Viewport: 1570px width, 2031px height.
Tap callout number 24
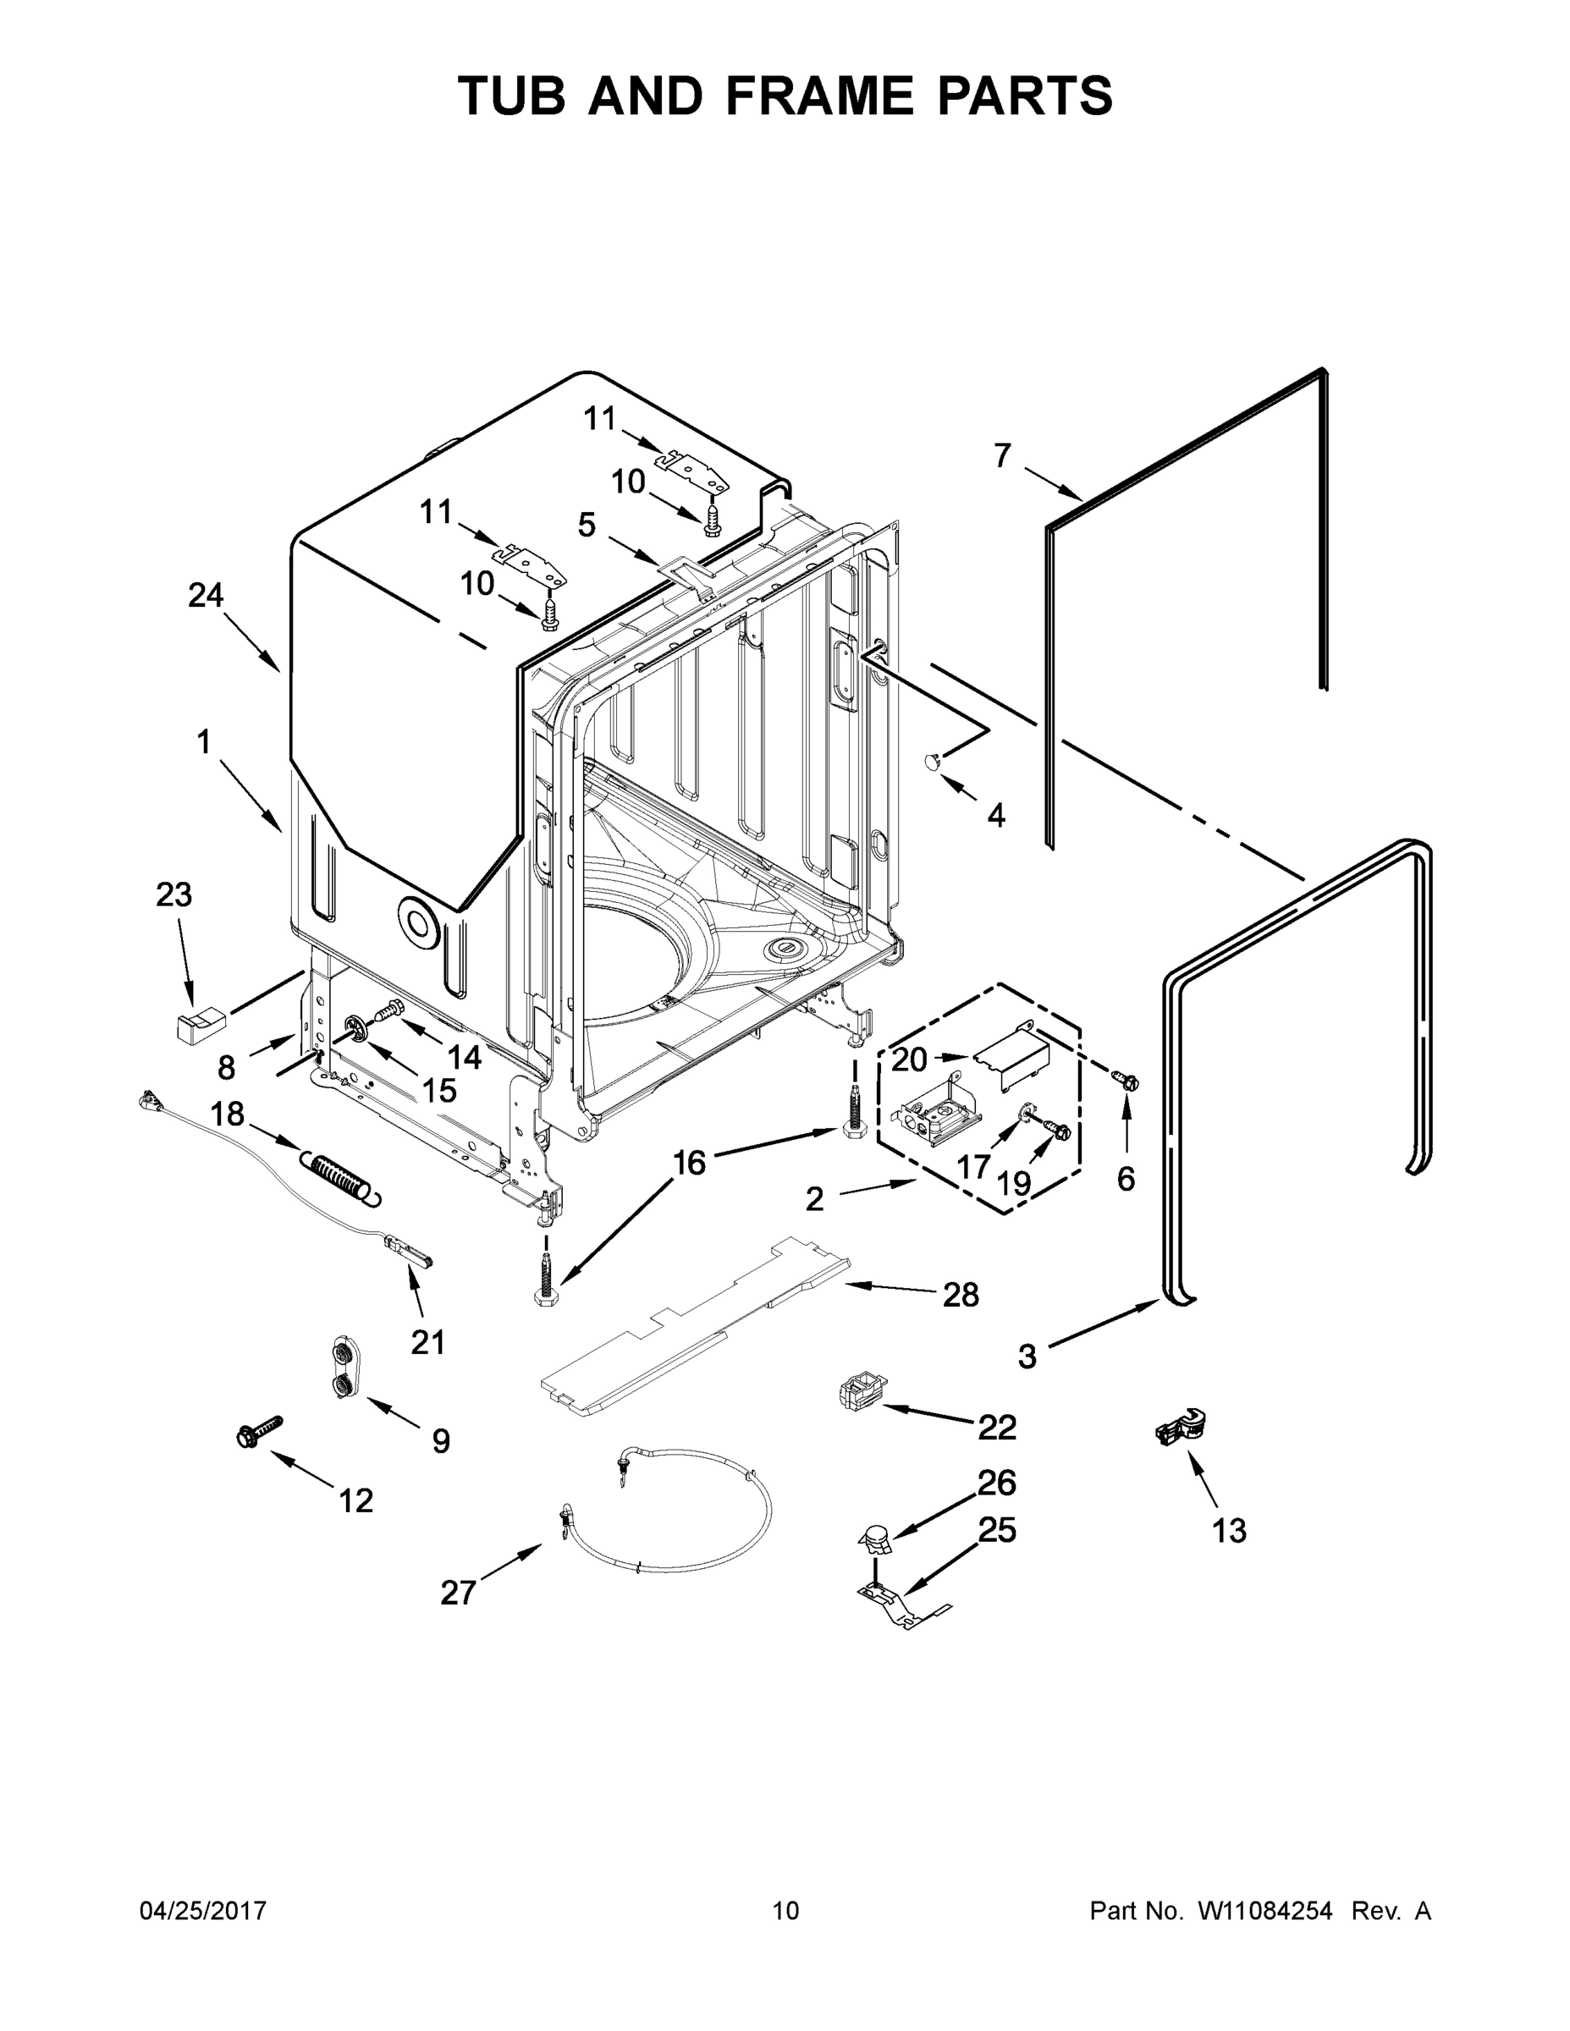point(206,595)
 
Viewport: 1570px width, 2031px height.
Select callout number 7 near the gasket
point(1002,455)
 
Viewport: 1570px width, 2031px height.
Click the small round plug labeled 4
point(933,762)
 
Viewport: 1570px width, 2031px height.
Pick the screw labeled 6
point(1126,1081)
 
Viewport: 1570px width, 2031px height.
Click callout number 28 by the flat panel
point(961,1295)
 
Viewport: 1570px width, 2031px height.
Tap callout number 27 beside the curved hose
point(458,1593)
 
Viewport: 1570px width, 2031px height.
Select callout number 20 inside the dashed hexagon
point(910,1059)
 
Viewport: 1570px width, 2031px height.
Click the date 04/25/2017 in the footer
point(203,1911)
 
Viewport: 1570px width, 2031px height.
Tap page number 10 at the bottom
point(785,1911)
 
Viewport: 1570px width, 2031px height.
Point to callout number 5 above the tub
point(586,526)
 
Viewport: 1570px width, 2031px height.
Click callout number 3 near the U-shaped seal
point(1027,1357)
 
